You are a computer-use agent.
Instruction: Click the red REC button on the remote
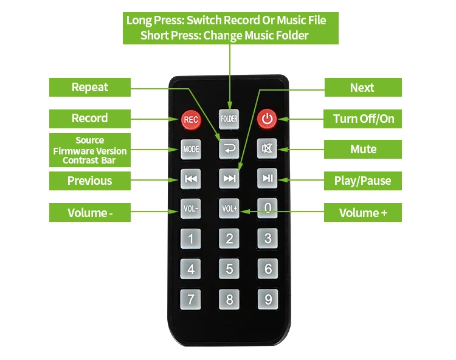(191, 120)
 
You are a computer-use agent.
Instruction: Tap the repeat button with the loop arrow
(229, 148)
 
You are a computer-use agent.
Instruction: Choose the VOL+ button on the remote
(229, 209)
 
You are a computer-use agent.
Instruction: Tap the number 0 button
(268, 208)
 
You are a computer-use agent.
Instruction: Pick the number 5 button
(229, 269)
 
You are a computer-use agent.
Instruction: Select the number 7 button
(191, 299)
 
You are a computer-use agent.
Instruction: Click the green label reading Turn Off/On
(363, 119)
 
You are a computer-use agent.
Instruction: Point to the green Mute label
(363, 150)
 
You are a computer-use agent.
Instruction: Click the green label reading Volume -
(90, 213)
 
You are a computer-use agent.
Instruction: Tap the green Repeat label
(90, 87)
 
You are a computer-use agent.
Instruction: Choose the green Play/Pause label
(363, 181)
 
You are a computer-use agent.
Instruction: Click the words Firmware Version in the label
(90, 151)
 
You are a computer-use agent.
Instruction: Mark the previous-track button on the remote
(191, 179)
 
